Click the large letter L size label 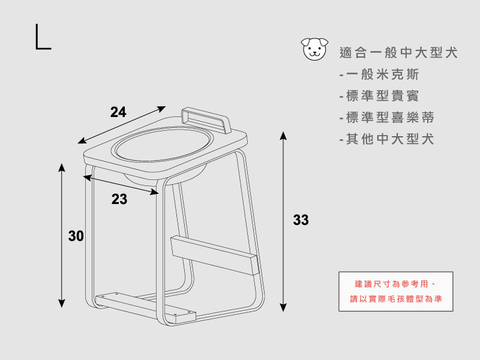43,37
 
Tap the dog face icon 314,49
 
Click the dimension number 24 118,112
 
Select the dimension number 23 119,199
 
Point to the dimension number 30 76,236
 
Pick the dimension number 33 301,220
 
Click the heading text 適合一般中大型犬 398,53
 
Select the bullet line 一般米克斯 379,74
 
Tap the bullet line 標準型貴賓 379,96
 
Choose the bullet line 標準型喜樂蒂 386,118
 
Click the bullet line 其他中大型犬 386,139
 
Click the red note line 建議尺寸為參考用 395,284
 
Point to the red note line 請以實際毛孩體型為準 396,299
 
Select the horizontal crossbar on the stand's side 214,255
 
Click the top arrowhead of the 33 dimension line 283,136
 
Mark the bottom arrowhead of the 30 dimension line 62,304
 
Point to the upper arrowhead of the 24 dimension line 161,109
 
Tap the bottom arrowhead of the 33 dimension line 283,308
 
